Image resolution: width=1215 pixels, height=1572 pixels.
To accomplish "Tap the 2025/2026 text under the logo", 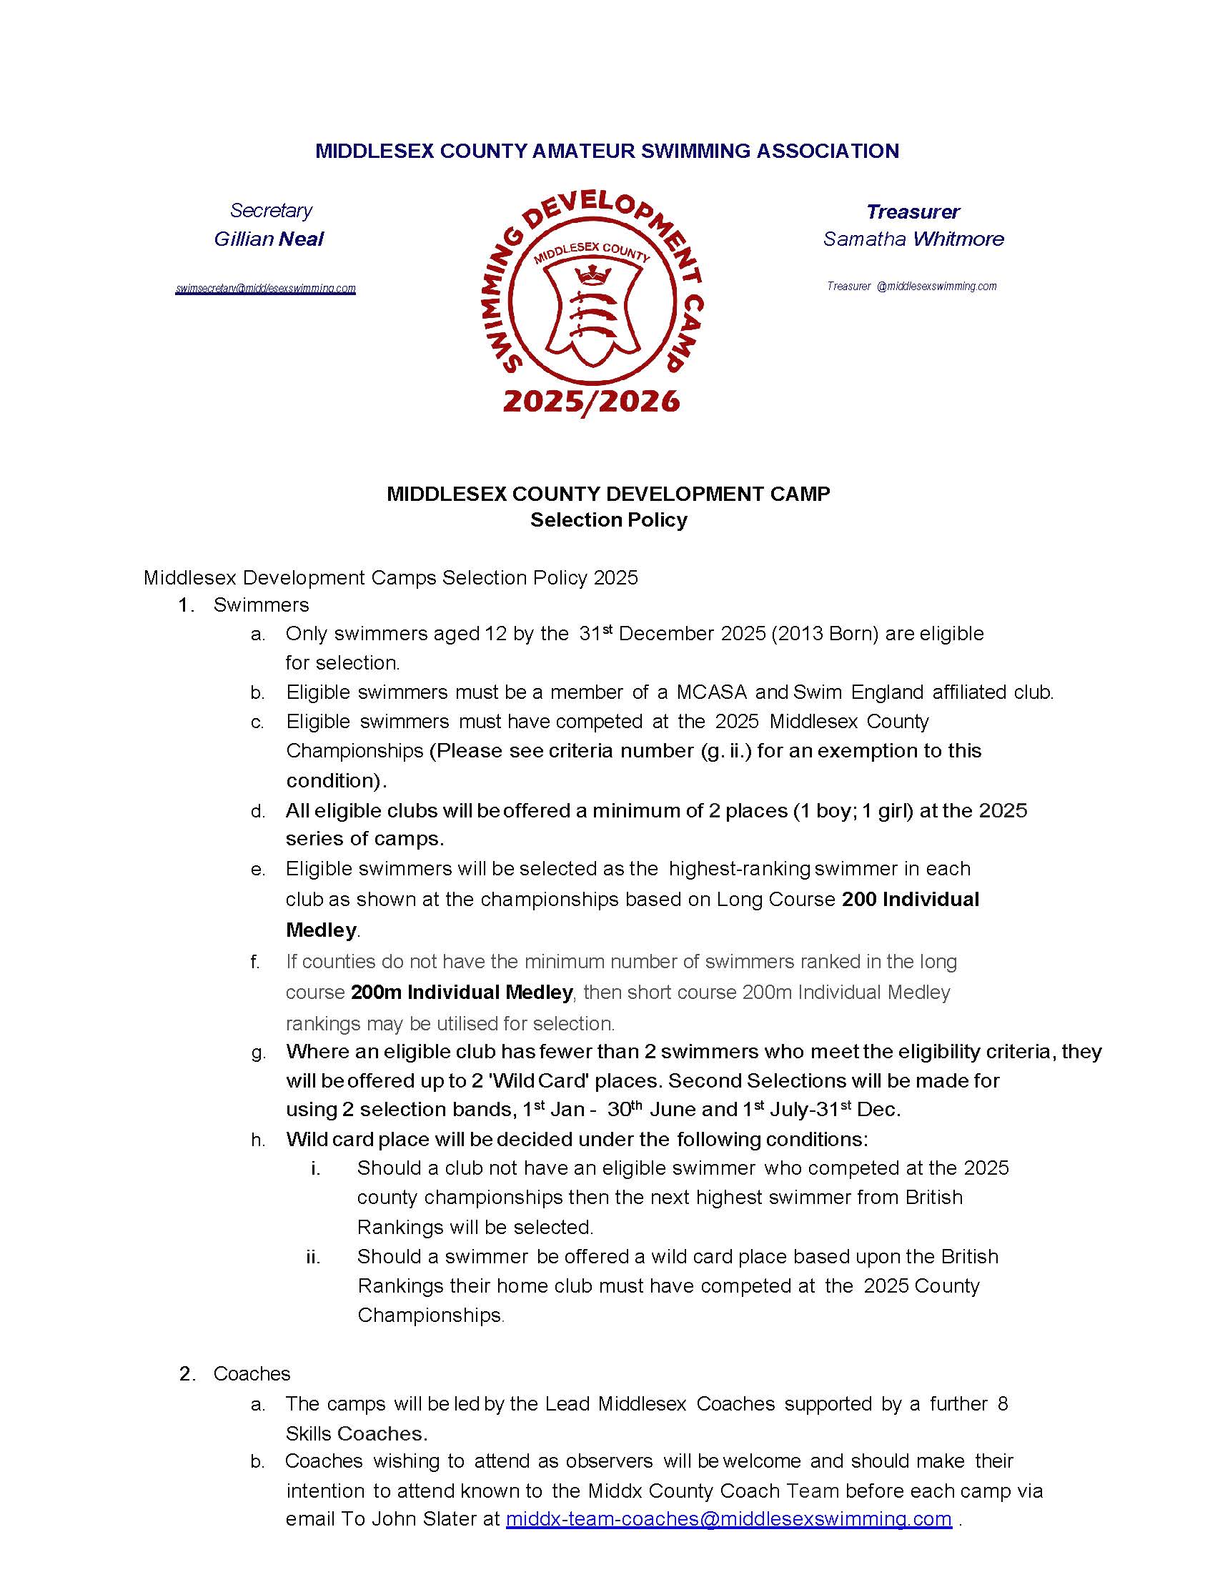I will click(591, 401).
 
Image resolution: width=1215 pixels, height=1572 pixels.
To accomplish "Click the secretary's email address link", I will click(266, 289).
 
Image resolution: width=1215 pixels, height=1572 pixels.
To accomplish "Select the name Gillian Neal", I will click(269, 239).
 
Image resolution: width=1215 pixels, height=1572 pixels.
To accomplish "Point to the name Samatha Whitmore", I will click(913, 239).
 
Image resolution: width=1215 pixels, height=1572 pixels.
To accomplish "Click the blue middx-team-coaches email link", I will click(728, 1518).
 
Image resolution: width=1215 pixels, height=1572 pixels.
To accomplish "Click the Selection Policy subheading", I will click(608, 519).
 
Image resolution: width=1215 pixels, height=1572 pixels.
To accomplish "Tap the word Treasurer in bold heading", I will click(913, 212).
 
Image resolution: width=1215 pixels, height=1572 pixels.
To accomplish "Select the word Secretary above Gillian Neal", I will click(271, 210).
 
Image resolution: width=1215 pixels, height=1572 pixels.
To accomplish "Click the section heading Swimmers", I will click(261, 605).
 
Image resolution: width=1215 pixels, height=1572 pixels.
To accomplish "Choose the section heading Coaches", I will click(251, 1373).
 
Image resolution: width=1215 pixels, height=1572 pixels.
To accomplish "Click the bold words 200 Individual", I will click(910, 899).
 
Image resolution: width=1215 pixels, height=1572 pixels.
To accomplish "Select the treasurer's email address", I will click(912, 287).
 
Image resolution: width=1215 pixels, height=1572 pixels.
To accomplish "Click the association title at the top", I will click(607, 151).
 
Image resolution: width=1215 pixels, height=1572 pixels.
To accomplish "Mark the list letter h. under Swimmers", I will click(258, 1140).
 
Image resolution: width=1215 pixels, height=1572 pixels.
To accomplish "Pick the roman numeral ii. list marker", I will click(313, 1257).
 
